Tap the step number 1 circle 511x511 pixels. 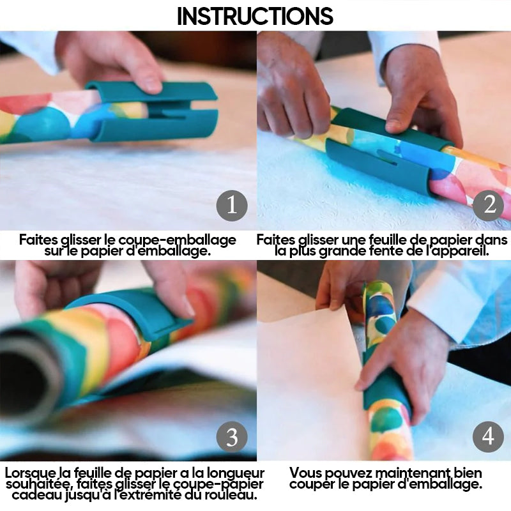coord(232,206)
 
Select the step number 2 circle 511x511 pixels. coord(489,206)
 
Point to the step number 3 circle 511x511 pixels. coord(232,437)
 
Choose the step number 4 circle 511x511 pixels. coord(489,437)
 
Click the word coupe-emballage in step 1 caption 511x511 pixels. coord(177,240)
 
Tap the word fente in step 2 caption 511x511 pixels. coord(387,251)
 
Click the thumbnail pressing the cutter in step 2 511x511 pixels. coord(395,126)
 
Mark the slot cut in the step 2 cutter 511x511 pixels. coord(388,157)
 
